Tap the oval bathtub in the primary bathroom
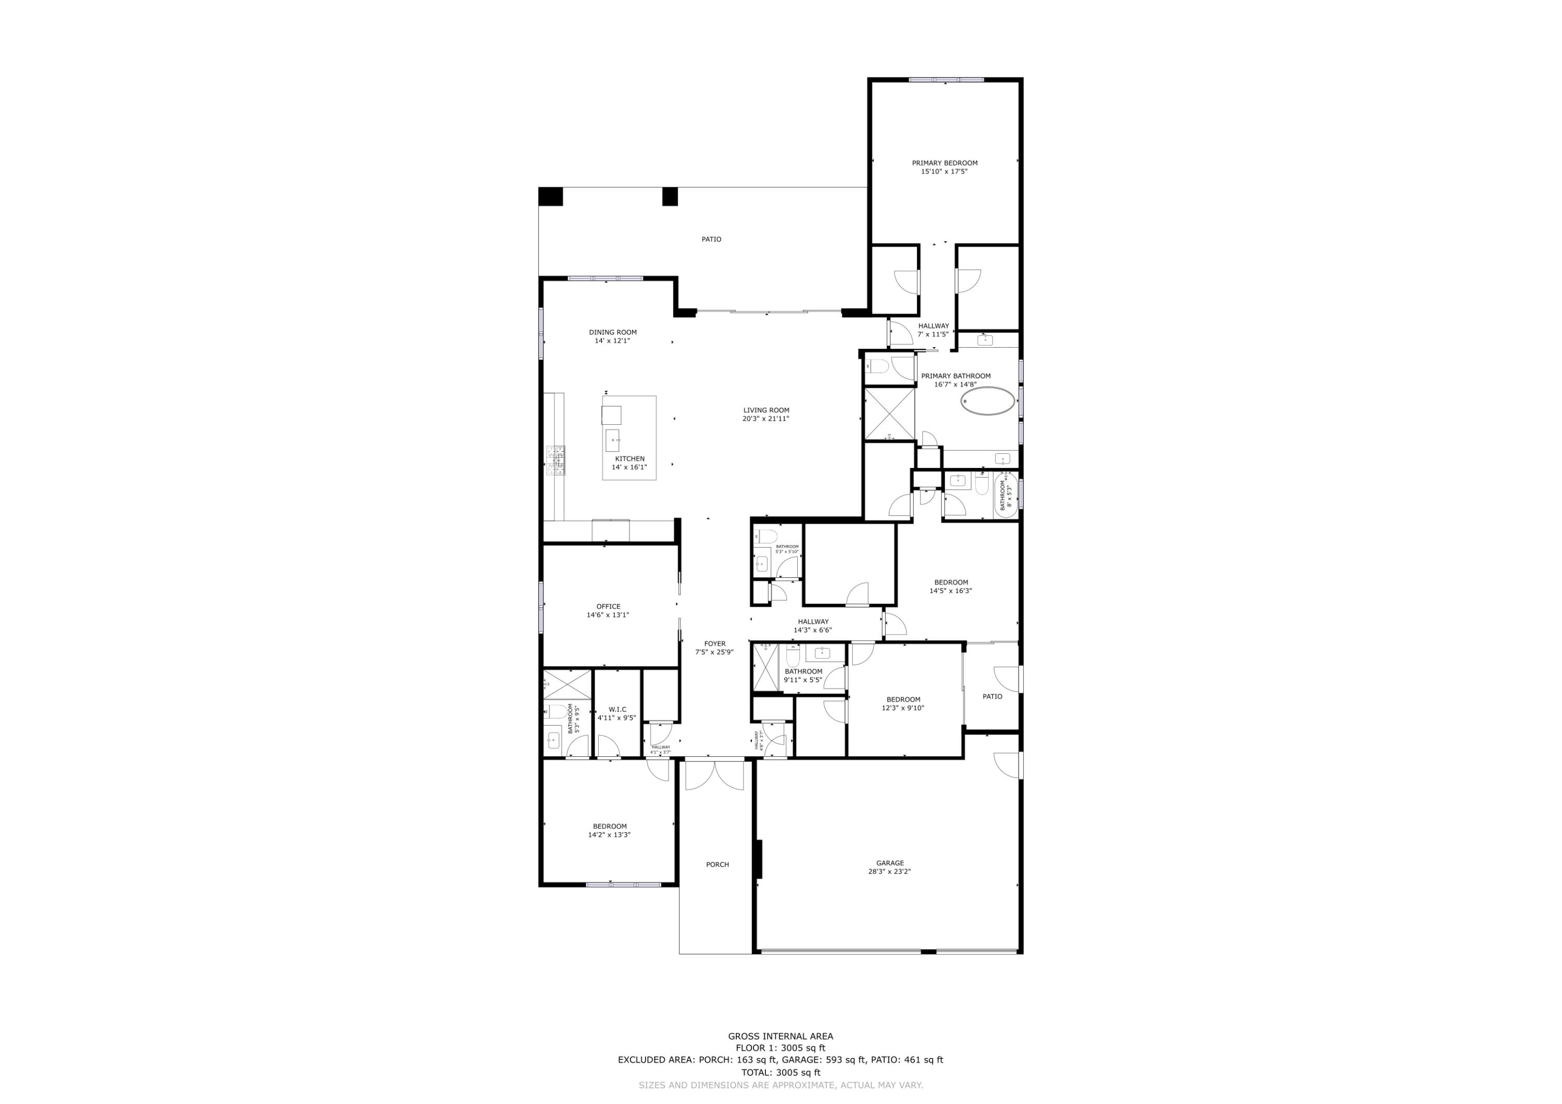tap(987, 401)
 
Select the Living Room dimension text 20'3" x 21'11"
tap(765, 419)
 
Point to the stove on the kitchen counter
tap(555, 461)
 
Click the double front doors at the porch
tap(714, 776)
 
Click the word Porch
tap(717, 865)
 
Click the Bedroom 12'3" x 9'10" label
tap(903, 703)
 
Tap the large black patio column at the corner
tap(550, 197)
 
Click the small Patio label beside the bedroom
tap(992, 696)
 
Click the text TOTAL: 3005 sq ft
tap(780, 1073)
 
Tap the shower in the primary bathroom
tap(888, 414)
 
